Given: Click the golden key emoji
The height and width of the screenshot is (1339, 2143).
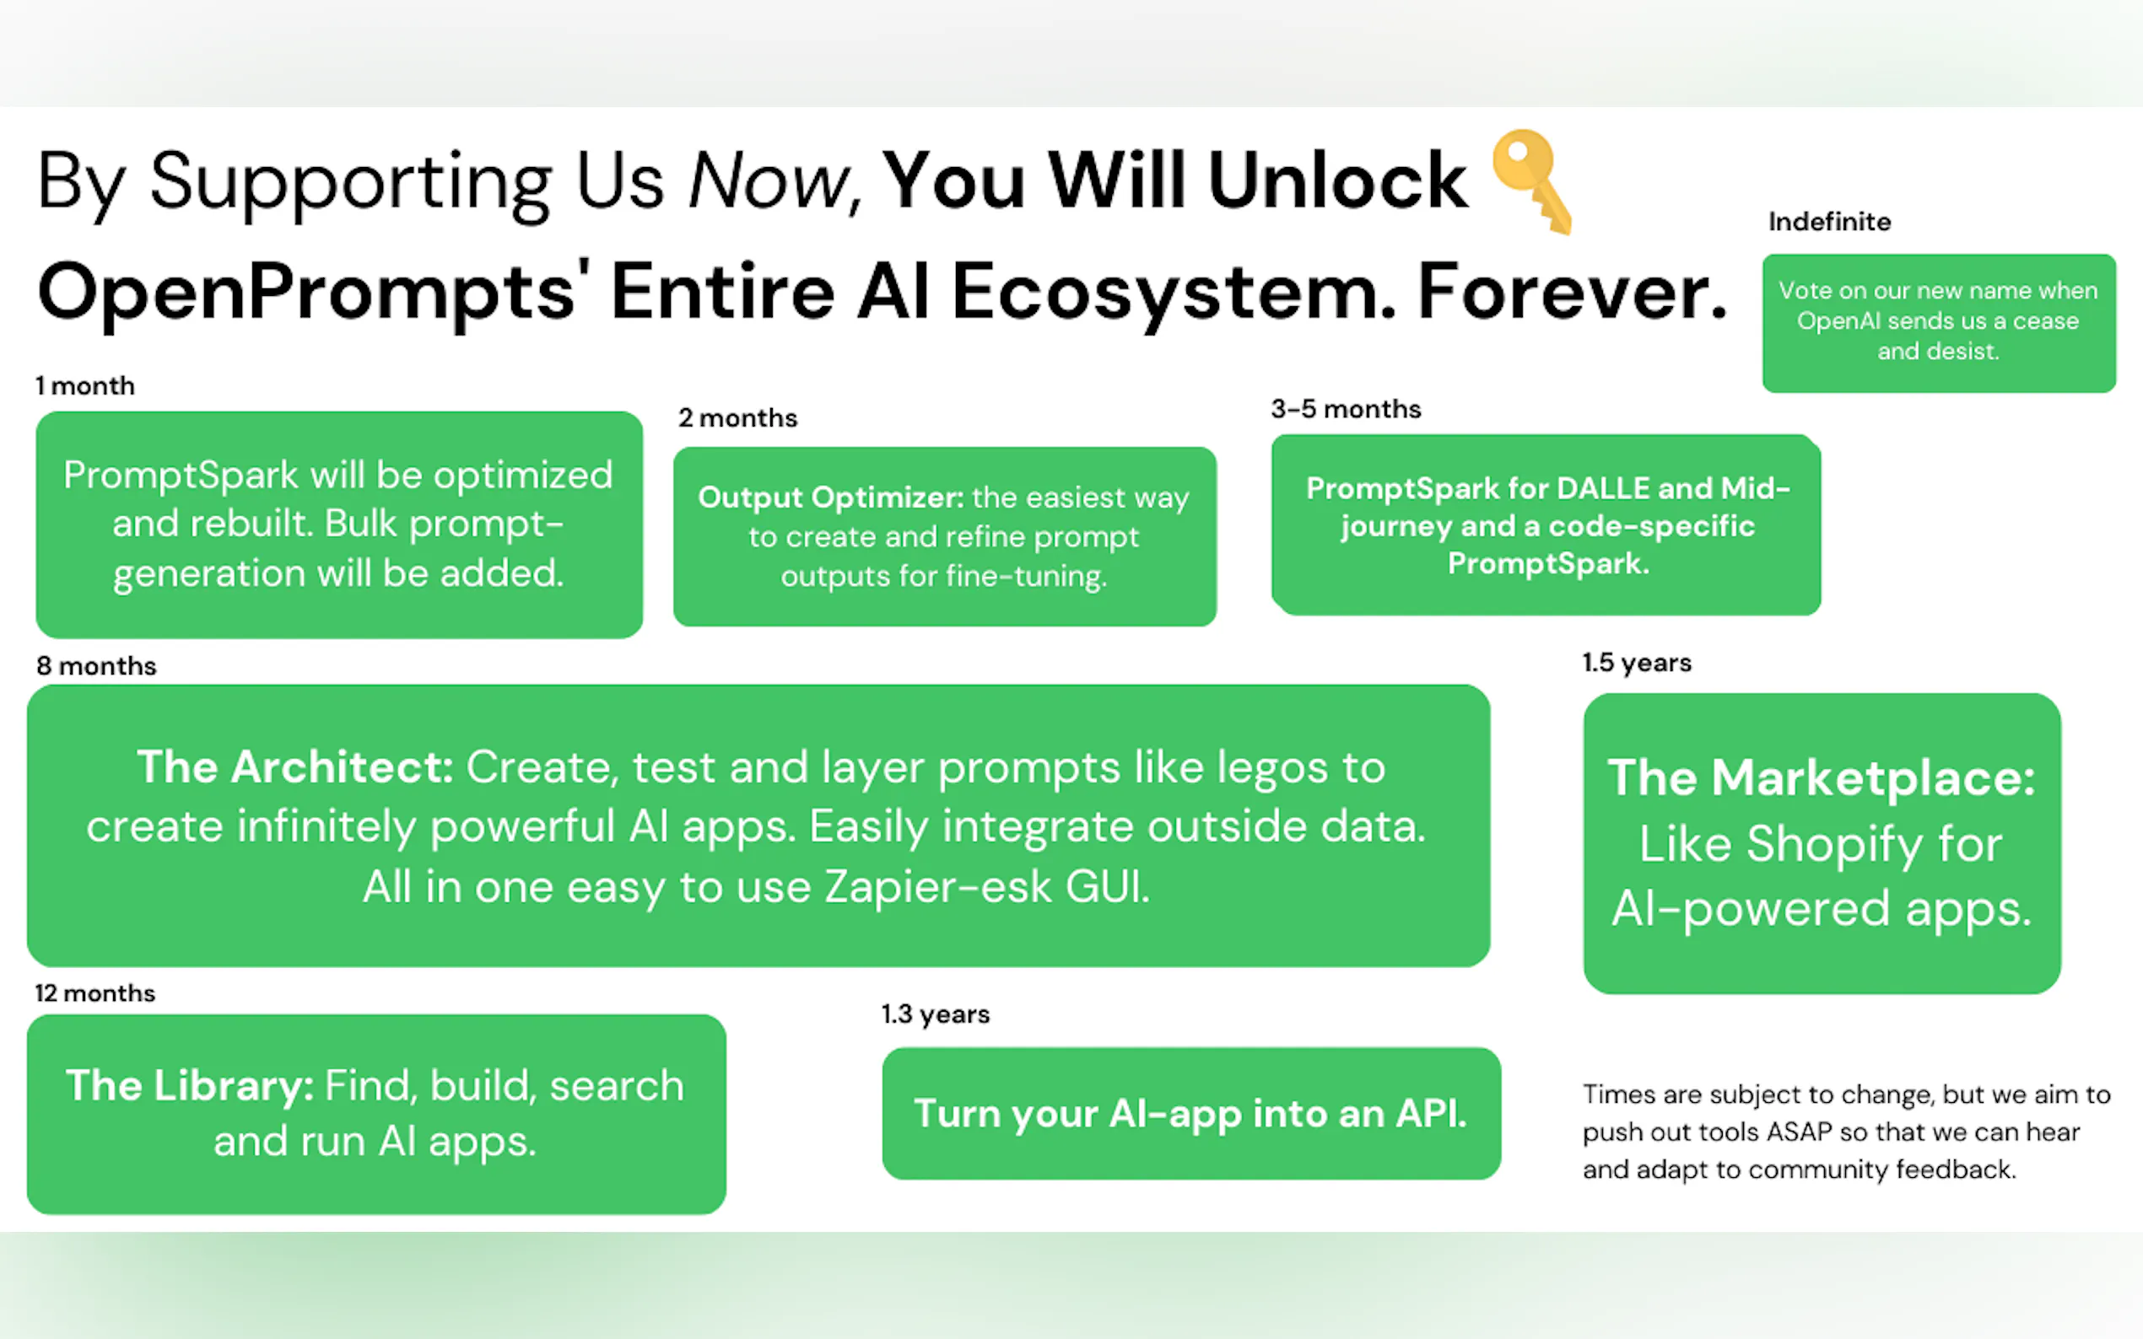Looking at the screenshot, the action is click(1531, 181).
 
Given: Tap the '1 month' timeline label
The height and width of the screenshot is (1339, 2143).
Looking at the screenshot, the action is click(85, 386).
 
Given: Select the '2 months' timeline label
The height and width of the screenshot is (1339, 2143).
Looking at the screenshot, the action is click(738, 418).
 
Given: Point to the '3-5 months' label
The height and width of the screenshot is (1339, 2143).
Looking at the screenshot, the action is click(1346, 409).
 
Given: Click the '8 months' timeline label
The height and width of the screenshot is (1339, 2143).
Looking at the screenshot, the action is click(96, 666).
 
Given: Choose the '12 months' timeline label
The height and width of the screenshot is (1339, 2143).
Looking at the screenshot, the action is click(94, 993).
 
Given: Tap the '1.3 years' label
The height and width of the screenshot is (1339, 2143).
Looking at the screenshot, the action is click(935, 1014).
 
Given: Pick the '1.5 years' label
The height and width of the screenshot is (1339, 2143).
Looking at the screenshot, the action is click(1637, 663).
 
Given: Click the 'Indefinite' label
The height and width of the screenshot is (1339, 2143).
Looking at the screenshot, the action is click(1829, 222).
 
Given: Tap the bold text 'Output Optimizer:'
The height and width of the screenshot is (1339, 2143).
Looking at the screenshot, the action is click(831, 497).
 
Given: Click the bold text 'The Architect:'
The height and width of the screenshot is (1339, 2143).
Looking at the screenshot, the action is click(295, 767).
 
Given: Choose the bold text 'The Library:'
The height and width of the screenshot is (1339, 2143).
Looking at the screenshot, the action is click(190, 1086).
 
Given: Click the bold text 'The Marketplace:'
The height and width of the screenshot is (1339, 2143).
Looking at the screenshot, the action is click(1822, 778).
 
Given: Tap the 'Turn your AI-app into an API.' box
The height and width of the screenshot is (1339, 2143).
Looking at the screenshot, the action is click(1191, 1113).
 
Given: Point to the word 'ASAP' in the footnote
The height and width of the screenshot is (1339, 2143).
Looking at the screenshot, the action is click(1800, 1132).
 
